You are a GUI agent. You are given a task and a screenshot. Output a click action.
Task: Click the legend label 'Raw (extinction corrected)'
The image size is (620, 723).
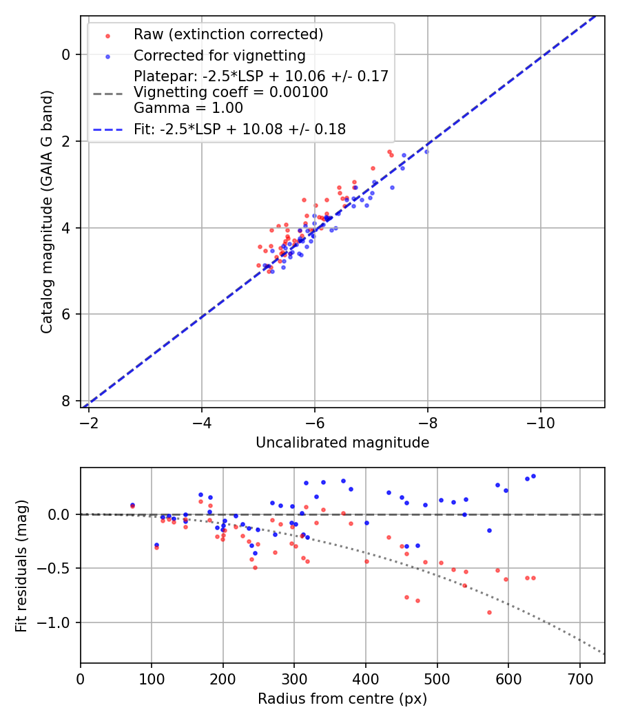coord(228,34)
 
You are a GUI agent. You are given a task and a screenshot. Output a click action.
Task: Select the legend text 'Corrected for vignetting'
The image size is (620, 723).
coord(219,55)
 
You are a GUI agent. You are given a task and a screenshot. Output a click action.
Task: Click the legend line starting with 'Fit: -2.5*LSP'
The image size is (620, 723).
coord(239,129)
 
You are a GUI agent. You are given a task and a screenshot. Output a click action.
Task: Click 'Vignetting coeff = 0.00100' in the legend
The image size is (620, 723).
coord(231,92)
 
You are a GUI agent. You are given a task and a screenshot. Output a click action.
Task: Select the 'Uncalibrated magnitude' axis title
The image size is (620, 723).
coord(342,443)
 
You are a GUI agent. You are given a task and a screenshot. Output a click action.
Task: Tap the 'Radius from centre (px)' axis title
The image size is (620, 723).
coord(342,699)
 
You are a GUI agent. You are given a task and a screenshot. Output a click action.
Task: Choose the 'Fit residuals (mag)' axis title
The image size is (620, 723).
coord(21,565)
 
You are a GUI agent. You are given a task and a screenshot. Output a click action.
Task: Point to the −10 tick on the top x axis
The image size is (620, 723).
coord(540,421)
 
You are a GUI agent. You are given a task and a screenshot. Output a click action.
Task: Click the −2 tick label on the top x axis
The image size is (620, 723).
coord(89,421)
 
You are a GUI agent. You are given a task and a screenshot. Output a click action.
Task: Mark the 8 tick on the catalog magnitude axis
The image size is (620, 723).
coord(66,401)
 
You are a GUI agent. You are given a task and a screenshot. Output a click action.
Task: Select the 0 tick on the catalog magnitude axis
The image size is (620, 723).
coord(66,54)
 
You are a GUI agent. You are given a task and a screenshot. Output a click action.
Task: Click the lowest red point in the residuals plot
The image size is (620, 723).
coord(489,612)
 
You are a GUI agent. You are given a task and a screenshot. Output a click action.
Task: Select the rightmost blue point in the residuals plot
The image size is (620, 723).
coord(533,476)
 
